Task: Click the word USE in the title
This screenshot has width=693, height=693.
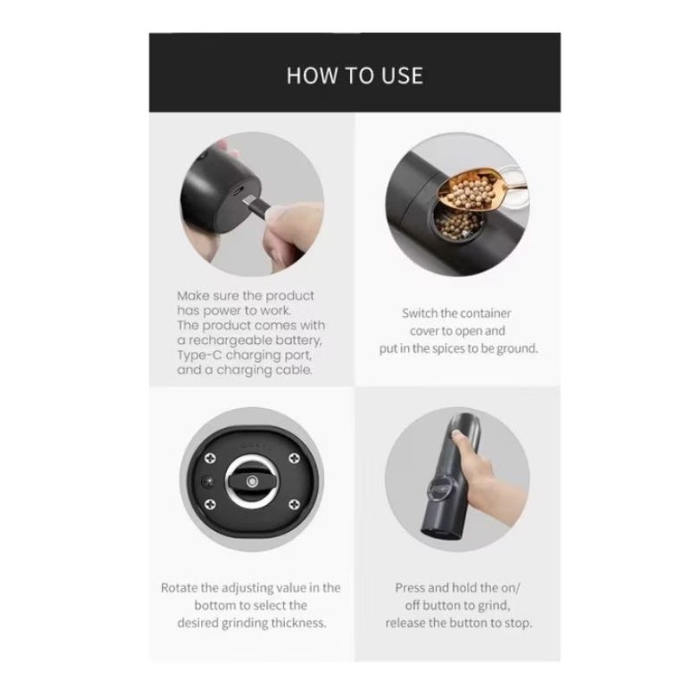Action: [x=402, y=75]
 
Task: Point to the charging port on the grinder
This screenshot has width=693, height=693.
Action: [x=237, y=191]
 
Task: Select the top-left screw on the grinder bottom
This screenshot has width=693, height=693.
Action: [x=210, y=458]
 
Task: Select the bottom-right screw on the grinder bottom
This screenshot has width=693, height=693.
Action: [x=294, y=504]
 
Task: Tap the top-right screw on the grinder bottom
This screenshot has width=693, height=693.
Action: [x=294, y=458]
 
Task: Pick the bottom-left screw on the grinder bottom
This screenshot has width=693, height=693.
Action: [x=210, y=504]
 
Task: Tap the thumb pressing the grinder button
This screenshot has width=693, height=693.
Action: [x=460, y=438]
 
